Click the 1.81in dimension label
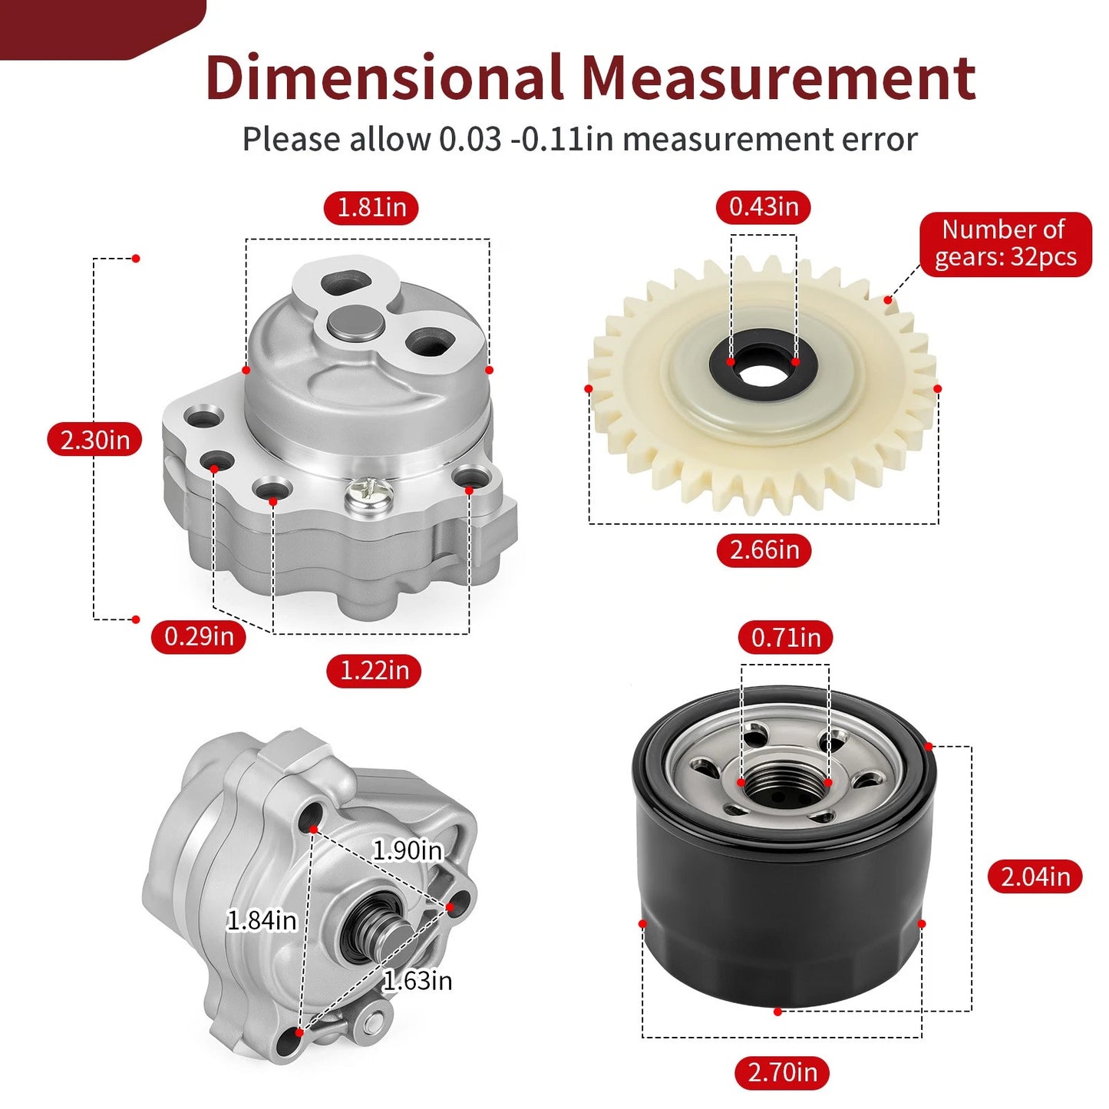pos(371,207)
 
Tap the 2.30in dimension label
pos(94,440)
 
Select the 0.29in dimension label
pos(199,636)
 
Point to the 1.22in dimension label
pos(374,671)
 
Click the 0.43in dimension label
pos(764,206)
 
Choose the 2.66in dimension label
pos(764,550)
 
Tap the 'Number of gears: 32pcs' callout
pos(1005,244)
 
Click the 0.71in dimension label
pos(786,637)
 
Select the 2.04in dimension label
pos(1035,877)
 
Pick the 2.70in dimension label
pos(783,1073)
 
